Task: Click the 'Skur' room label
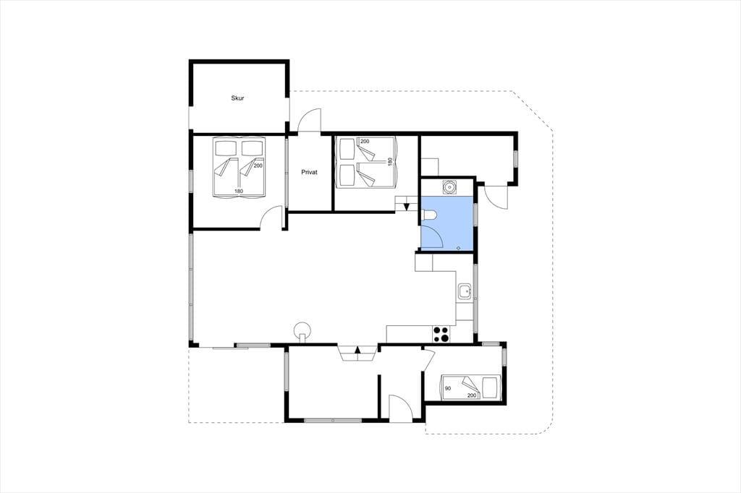click(237, 98)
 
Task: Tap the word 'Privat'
click(309, 172)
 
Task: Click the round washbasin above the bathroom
click(449, 187)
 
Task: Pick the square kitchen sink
click(465, 292)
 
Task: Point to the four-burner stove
click(441, 335)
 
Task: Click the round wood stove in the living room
click(302, 330)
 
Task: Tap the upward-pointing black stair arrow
click(357, 349)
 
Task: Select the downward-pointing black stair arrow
click(407, 206)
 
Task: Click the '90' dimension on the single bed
click(447, 389)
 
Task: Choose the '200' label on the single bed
click(472, 395)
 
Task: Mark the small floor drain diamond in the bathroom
click(458, 247)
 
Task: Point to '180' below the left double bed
click(239, 192)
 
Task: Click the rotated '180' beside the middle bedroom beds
click(390, 161)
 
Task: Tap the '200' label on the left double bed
click(258, 166)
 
